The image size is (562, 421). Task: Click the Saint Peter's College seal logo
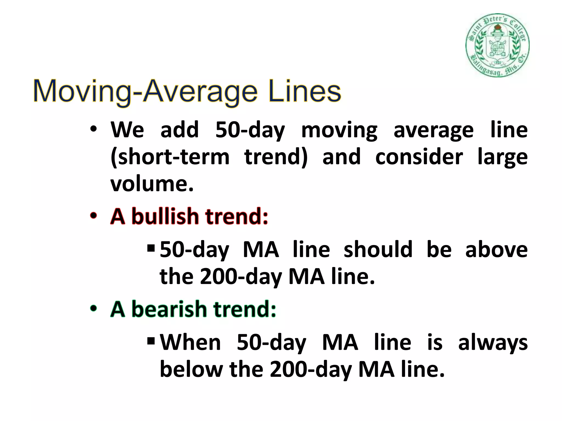(497, 45)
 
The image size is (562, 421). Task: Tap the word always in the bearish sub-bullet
(493, 343)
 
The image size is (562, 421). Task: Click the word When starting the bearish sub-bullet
(190, 343)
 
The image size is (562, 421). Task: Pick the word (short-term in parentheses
(170, 157)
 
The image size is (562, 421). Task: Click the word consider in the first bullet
(419, 157)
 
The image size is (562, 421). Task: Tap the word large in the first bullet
(502, 157)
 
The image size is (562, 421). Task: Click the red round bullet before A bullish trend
(93, 216)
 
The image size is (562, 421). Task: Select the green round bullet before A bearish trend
(93, 309)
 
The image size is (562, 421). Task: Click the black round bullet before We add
(93, 129)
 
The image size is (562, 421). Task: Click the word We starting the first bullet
(127, 130)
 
